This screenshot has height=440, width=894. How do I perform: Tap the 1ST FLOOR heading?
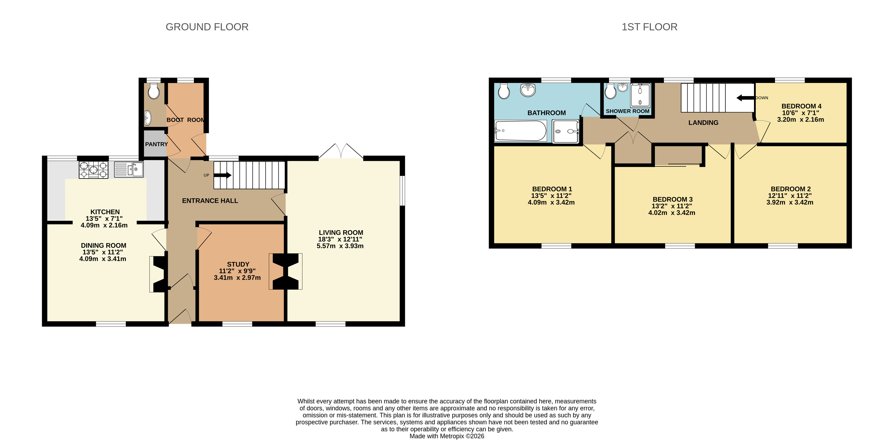pyautogui.click(x=649, y=27)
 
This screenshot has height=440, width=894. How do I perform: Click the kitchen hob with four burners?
pyautogui.click(x=93, y=170)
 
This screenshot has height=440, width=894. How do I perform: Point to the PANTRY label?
pyautogui.click(x=156, y=144)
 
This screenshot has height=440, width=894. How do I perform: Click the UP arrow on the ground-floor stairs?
pyautogui.click(x=223, y=175)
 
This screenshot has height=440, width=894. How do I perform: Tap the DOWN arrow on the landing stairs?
pyautogui.click(x=745, y=98)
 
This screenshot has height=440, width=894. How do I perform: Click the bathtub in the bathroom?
pyautogui.click(x=520, y=131)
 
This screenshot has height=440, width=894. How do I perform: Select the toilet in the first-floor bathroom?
pyautogui.click(x=504, y=91)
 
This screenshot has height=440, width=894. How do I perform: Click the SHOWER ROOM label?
pyautogui.click(x=627, y=111)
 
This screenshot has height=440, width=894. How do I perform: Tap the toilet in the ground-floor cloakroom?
pyautogui.click(x=154, y=91)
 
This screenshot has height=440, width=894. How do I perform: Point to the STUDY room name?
pyautogui.click(x=238, y=264)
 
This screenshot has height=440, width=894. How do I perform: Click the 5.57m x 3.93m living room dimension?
pyautogui.click(x=340, y=246)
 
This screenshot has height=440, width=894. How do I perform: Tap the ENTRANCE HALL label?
pyautogui.click(x=210, y=201)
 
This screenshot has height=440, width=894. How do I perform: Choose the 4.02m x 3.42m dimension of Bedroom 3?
pyautogui.click(x=671, y=213)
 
